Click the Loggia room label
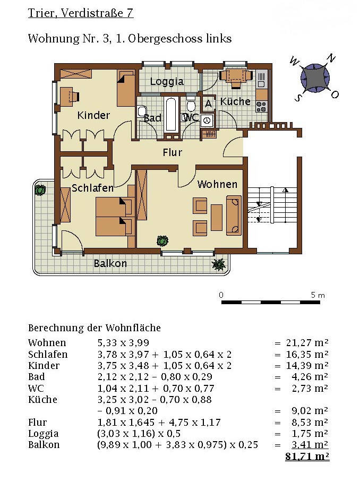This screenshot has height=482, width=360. click(167, 82)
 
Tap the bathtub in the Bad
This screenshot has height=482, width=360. click(171, 114)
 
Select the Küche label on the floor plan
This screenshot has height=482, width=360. click(235, 101)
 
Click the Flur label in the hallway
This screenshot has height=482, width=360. click(172, 152)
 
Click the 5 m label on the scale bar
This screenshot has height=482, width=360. click(318, 295)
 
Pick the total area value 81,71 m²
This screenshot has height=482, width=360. click(307, 456)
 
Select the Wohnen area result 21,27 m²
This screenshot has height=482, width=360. click(307, 343)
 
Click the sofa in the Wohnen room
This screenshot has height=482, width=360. click(234, 215)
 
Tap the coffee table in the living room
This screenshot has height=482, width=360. click(217, 218)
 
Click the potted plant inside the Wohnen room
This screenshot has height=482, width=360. click(162, 240)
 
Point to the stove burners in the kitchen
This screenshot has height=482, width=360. click(261, 106)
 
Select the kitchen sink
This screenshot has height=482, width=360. click(262, 79)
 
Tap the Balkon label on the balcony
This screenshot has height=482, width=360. click(110, 263)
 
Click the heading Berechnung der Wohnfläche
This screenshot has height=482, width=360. click(95, 328)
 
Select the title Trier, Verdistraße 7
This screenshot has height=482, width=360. click(81, 13)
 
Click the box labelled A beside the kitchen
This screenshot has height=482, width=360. click(208, 104)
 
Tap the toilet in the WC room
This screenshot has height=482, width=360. click(191, 105)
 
